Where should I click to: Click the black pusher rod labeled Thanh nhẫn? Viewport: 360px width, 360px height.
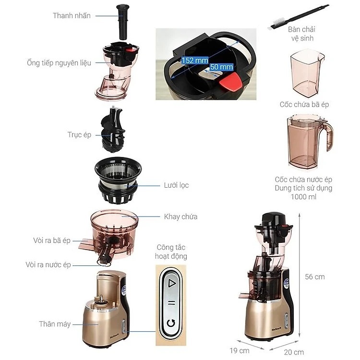(x=123, y=22)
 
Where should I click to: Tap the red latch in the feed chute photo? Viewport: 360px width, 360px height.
(x=230, y=82)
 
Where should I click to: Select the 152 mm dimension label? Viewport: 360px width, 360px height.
(x=195, y=60)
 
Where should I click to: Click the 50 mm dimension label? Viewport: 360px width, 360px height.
(x=221, y=67)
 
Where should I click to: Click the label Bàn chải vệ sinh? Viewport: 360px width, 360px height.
(x=302, y=34)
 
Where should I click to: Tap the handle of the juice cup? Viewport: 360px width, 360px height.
(x=328, y=136)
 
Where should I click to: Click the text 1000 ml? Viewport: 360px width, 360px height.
(x=303, y=197)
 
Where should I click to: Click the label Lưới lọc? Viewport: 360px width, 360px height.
(x=176, y=185)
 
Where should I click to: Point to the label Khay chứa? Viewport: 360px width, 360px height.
(x=180, y=216)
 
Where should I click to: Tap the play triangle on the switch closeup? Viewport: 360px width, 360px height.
(x=171, y=283)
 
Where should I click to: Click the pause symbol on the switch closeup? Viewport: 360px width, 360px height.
(x=171, y=303)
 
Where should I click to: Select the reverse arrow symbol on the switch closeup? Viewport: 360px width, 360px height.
(x=171, y=323)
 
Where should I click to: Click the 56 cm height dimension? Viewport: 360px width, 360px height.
(x=315, y=276)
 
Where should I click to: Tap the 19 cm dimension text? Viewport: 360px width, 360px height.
(x=240, y=350)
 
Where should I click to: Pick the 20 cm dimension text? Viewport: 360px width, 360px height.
(x=294, y=352)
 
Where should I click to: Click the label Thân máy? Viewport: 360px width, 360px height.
(x=55, y=324)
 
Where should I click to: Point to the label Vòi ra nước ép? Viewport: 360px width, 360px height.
(x=48, y=264)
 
